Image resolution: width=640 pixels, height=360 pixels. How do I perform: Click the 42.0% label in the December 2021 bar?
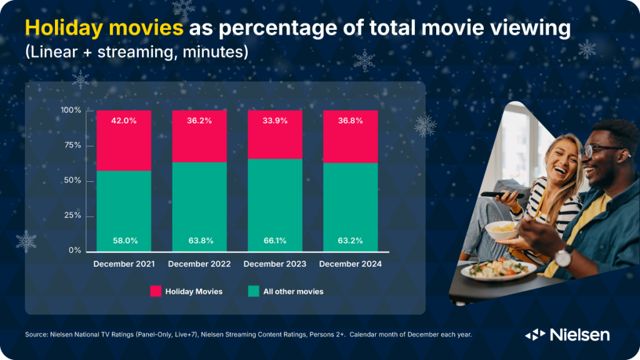[x=124, y=121]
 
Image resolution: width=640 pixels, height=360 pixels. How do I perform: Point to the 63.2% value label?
[x=351, y=241]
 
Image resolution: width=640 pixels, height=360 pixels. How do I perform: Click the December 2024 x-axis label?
[x=351, y=264]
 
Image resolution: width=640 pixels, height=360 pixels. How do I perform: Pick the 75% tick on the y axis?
[x=74, y=146]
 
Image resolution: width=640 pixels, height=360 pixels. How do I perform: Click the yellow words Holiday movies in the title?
[x=104, y=29]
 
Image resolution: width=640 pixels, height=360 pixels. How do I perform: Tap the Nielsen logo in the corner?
[x=567, y=335]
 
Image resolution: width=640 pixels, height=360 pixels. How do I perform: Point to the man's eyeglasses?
[x=600, y=150]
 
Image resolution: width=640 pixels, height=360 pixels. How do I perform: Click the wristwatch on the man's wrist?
[x=563, y=256]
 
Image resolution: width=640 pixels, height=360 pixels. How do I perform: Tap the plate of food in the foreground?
[x=498, y=270]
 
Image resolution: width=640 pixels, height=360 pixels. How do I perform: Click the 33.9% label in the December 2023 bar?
[x=275, y=121]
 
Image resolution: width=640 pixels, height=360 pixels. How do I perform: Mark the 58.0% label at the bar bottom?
[x=124, y=241]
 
